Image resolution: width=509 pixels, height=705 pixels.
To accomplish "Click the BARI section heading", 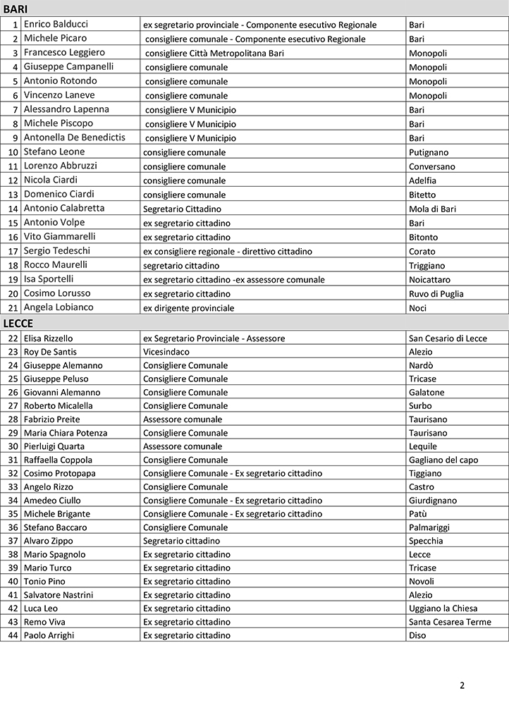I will (16, 9).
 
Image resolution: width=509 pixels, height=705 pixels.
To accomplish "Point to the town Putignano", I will (429, 152).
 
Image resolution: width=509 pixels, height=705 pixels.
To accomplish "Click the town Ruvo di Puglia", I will (436, 293).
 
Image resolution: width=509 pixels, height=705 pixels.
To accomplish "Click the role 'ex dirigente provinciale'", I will (189, 308).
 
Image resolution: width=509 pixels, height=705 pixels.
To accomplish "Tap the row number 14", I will (13, 209).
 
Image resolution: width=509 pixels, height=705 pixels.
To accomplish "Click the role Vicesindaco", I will (166, 352).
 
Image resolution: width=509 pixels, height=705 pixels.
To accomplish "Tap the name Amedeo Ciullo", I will (52, 501).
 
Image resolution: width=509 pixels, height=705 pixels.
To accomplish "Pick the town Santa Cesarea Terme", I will (450, 622).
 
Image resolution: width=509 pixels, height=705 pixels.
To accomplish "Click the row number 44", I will (13, 635).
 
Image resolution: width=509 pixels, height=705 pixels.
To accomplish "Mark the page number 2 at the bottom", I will (462, 685).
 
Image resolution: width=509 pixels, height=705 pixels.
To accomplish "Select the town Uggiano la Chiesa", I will (443, 608).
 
